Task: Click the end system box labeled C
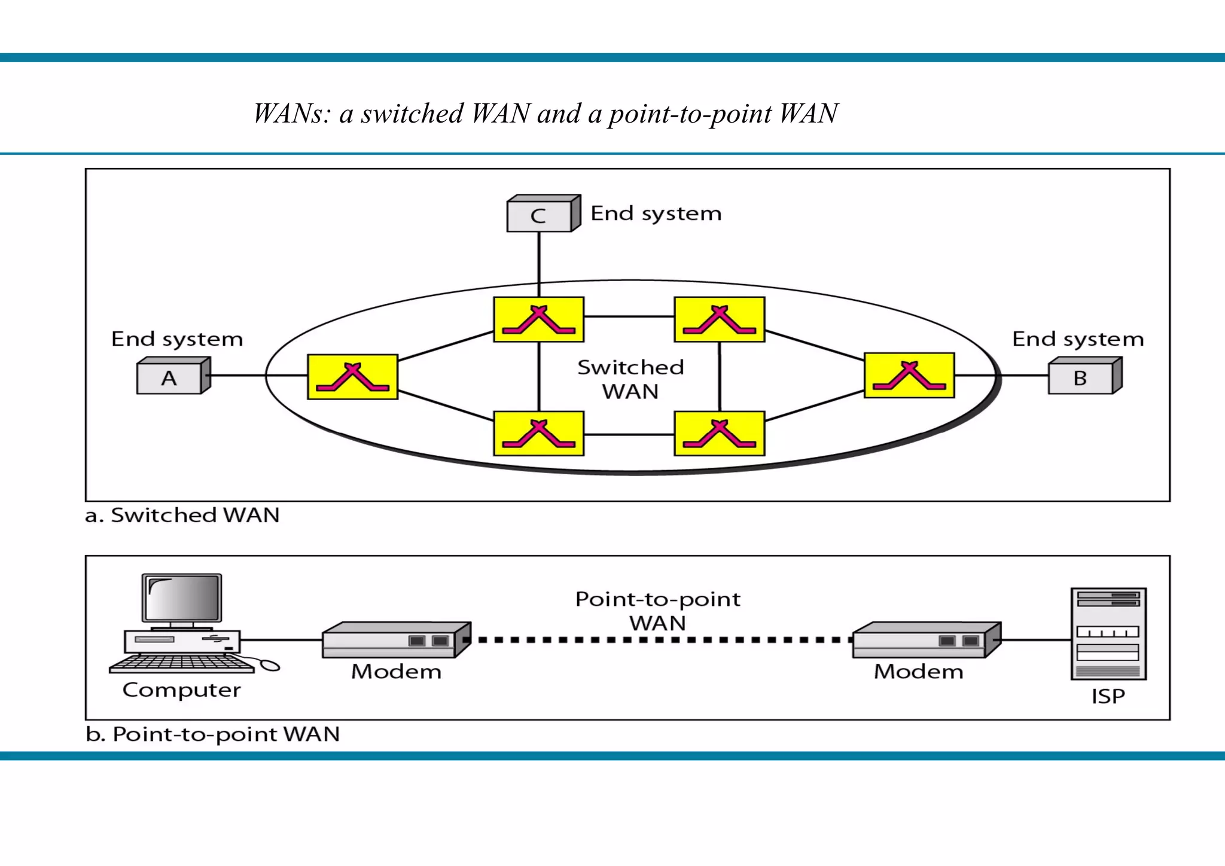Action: (540, 215)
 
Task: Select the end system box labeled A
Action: (170, 377)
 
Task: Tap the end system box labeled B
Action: (1081, 377)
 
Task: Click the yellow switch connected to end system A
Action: (352, 377)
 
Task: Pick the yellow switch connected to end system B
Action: (909, 376)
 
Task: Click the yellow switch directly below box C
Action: (538, 319)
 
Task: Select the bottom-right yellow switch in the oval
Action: (719, 434)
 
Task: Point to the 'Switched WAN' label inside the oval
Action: (630, 379)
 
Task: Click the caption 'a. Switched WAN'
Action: (182, 515)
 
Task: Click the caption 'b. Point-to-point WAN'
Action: (213, 734)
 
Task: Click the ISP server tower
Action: (1108, 634)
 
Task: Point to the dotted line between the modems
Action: (658, 640)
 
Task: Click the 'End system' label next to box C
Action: (656, 214)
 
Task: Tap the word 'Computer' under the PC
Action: (182, 690)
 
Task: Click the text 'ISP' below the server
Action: (1108, 696)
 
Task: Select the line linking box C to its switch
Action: (539, 263)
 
